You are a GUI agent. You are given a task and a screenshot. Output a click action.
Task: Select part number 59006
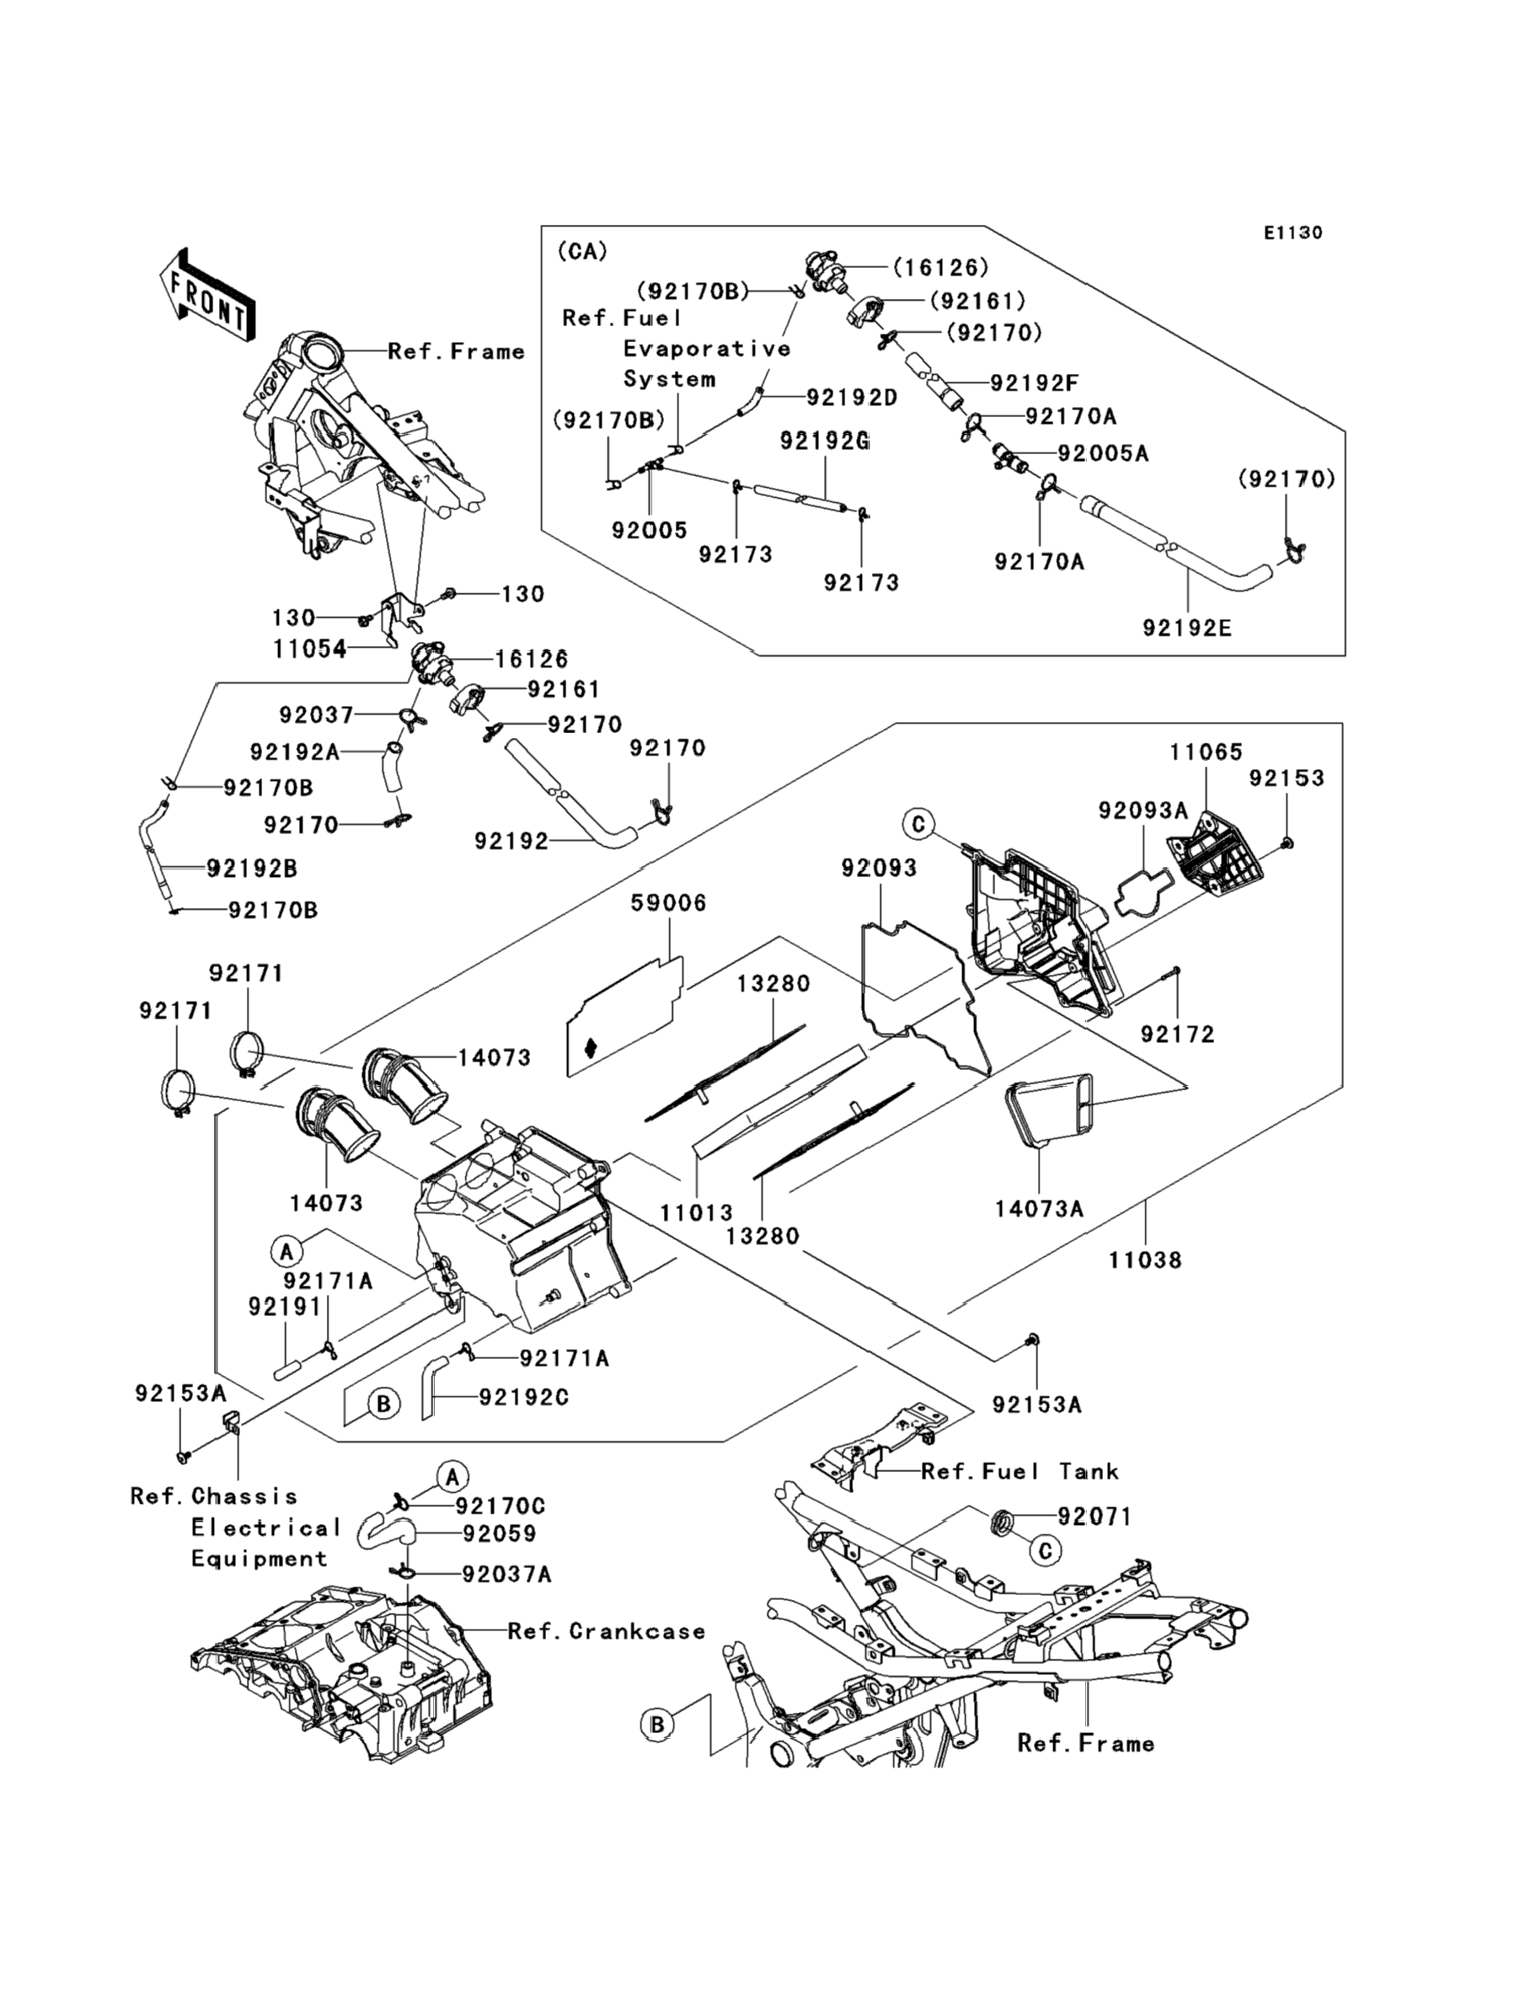coord(669,902)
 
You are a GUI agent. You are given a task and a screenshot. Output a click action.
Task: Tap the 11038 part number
coord(1145,1260)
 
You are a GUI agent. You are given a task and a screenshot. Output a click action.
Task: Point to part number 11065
coord(1206,752)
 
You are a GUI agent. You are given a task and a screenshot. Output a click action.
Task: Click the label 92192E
coord(1187,628)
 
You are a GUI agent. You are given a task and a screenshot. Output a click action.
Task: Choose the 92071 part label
coord(1095,1517)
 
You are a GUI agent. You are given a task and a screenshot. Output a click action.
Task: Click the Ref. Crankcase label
coord(606,1632)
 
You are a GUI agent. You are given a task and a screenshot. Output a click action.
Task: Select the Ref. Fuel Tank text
coord(1020,1472)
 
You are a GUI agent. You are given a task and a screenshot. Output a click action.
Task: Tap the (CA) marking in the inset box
coord(581,250)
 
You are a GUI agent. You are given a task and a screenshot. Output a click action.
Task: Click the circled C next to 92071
coord(1045,1551)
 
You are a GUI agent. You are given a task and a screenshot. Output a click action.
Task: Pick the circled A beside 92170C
coord(452,1477)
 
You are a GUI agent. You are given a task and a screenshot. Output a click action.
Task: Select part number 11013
coord(696,1213)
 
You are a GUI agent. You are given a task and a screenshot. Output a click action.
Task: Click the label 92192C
coord(524,1398)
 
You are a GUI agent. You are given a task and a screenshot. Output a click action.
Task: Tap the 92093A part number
coord(1143,811)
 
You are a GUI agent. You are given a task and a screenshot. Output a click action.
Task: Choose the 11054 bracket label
coord(309,649)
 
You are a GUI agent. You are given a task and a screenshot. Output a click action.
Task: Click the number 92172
coord(1177,1034)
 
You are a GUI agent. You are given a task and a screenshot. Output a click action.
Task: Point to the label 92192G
coord(824,441)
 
